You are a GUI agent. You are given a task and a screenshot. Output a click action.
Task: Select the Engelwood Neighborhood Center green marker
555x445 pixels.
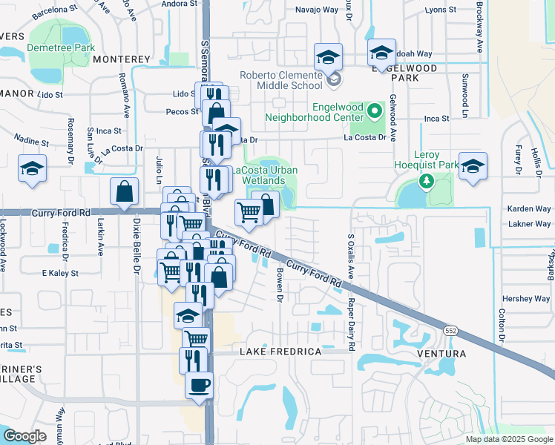pyautogui.click(x=375, y=112)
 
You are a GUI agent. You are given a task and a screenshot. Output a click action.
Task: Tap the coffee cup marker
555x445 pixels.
pyautogui.click(x=199, y=386)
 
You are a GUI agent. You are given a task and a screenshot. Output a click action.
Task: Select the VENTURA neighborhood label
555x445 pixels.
pyautogui.click(x=443, y=354)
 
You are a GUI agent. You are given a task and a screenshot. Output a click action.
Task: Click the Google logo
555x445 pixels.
pyautogui.click(x=24, y=436)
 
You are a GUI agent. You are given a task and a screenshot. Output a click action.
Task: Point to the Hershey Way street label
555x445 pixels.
pyautogui.click(x=525, y=299)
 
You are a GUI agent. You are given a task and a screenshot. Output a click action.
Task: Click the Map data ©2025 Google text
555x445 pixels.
pyautogui.click(x=509, y=439)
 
